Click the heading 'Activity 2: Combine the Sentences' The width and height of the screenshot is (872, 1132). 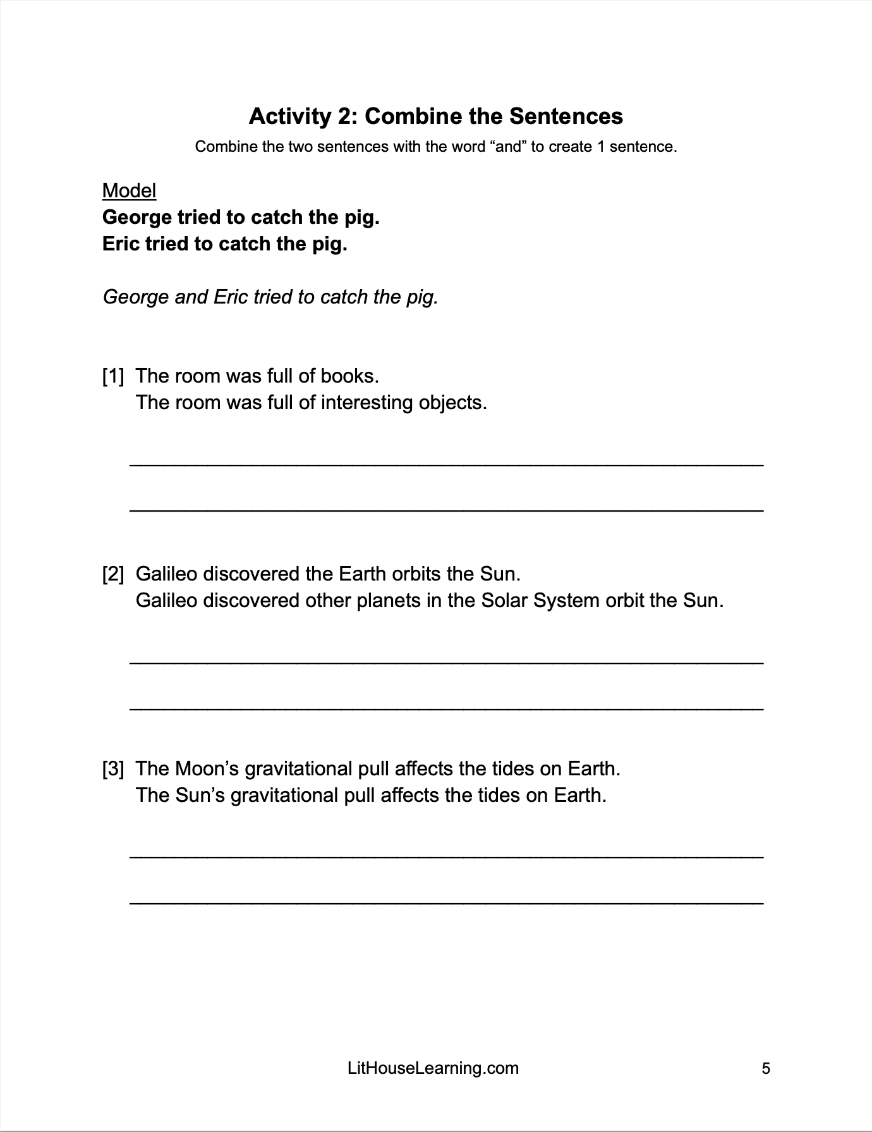436,116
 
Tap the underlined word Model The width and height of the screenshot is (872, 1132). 129,190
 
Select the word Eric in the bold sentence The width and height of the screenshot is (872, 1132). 121,244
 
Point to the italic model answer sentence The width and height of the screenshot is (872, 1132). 270,297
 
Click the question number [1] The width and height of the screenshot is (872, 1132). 113,376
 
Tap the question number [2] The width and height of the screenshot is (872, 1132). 113,574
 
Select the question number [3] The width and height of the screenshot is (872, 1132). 113,769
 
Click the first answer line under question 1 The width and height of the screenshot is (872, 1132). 446,465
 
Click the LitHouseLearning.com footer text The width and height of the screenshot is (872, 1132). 433,1069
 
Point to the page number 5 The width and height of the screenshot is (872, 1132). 766,1069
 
